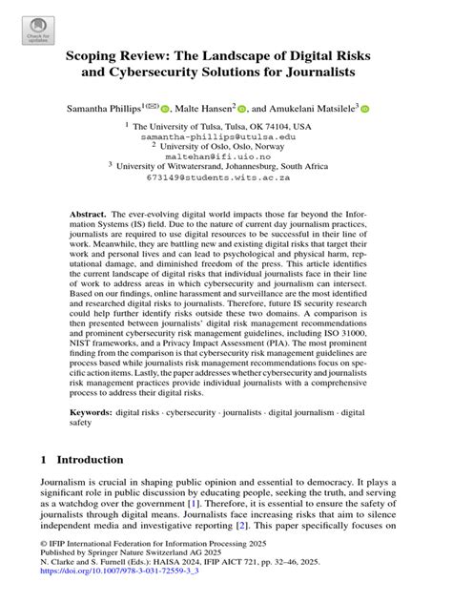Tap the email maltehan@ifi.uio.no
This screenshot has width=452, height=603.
point(225,162)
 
